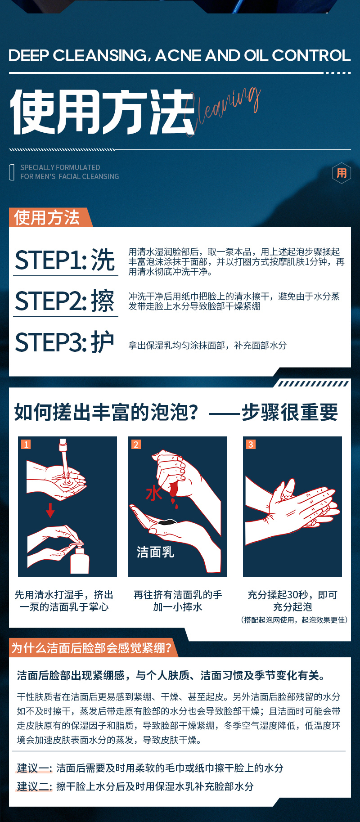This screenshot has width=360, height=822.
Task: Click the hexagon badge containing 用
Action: point(342,173)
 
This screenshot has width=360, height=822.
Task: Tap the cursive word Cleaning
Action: point(222,111)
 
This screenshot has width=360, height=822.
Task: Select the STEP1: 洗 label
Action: point(65,260)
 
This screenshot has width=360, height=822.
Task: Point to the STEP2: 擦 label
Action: point(65,301)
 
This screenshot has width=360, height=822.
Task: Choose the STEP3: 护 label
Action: point(65,342)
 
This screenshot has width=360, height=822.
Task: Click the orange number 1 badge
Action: point(26,445)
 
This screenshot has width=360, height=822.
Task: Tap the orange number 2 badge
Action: point(136,445)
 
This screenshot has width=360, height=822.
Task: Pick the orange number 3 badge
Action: point(251,445)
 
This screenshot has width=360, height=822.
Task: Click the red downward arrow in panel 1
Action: point(50,510)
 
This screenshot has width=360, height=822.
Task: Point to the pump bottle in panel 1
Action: point(79,558)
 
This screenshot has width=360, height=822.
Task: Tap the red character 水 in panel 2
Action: point(154,493)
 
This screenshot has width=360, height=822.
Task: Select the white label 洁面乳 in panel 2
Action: point(155,552)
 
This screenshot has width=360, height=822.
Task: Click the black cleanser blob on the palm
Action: point(167,522)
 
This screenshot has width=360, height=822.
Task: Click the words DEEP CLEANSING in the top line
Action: point(77,55)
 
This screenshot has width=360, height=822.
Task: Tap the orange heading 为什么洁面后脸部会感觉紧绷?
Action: point(91,648)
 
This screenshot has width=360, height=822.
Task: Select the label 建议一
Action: point(35,768)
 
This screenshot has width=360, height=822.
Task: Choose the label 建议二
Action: point(35,786)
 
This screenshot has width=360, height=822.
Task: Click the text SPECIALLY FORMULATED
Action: point(60,167)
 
